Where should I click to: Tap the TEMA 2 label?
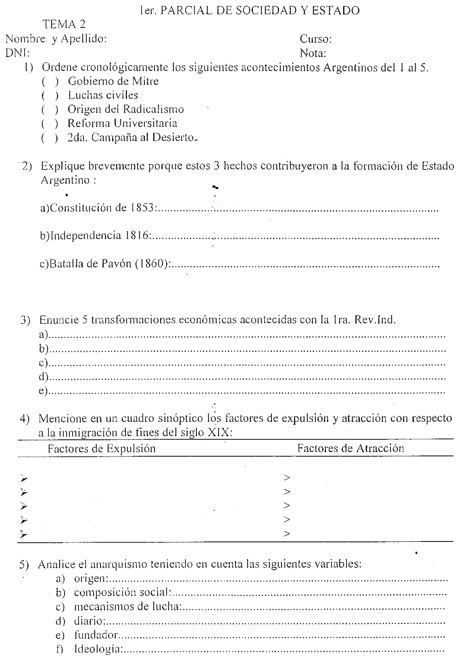click(x=64, y=25)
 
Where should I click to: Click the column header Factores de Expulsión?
click(x=102, y=449)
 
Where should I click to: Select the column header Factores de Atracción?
click(x=350, y=449)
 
